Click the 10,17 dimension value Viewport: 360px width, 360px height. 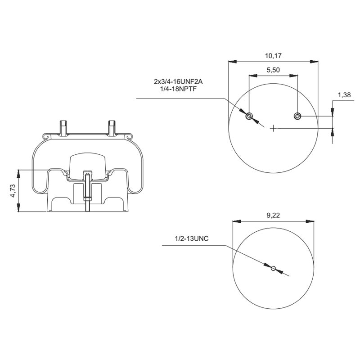click(x=273, y=56)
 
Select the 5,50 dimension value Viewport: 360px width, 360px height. click(x=273, y=70)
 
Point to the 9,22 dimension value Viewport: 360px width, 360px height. click(x=273, y=216)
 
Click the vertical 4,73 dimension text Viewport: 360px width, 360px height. click(x=13, y=191)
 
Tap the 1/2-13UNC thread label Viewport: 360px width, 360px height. click(x=192, y=239)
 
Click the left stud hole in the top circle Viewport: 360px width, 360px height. click(x=249, y=117)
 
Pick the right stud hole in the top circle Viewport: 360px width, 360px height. click(x=297, y=117)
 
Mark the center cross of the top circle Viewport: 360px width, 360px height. click(x=273, y=128)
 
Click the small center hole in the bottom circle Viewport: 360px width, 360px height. click(x=273, y=269)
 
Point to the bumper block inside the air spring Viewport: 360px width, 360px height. click(x=87, y=164)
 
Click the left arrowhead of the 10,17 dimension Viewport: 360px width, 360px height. click(x=231, y=62)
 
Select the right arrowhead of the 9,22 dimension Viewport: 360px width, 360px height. click(x=311, y=221)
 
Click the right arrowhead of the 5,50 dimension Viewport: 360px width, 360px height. click(x=294, y=76)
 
